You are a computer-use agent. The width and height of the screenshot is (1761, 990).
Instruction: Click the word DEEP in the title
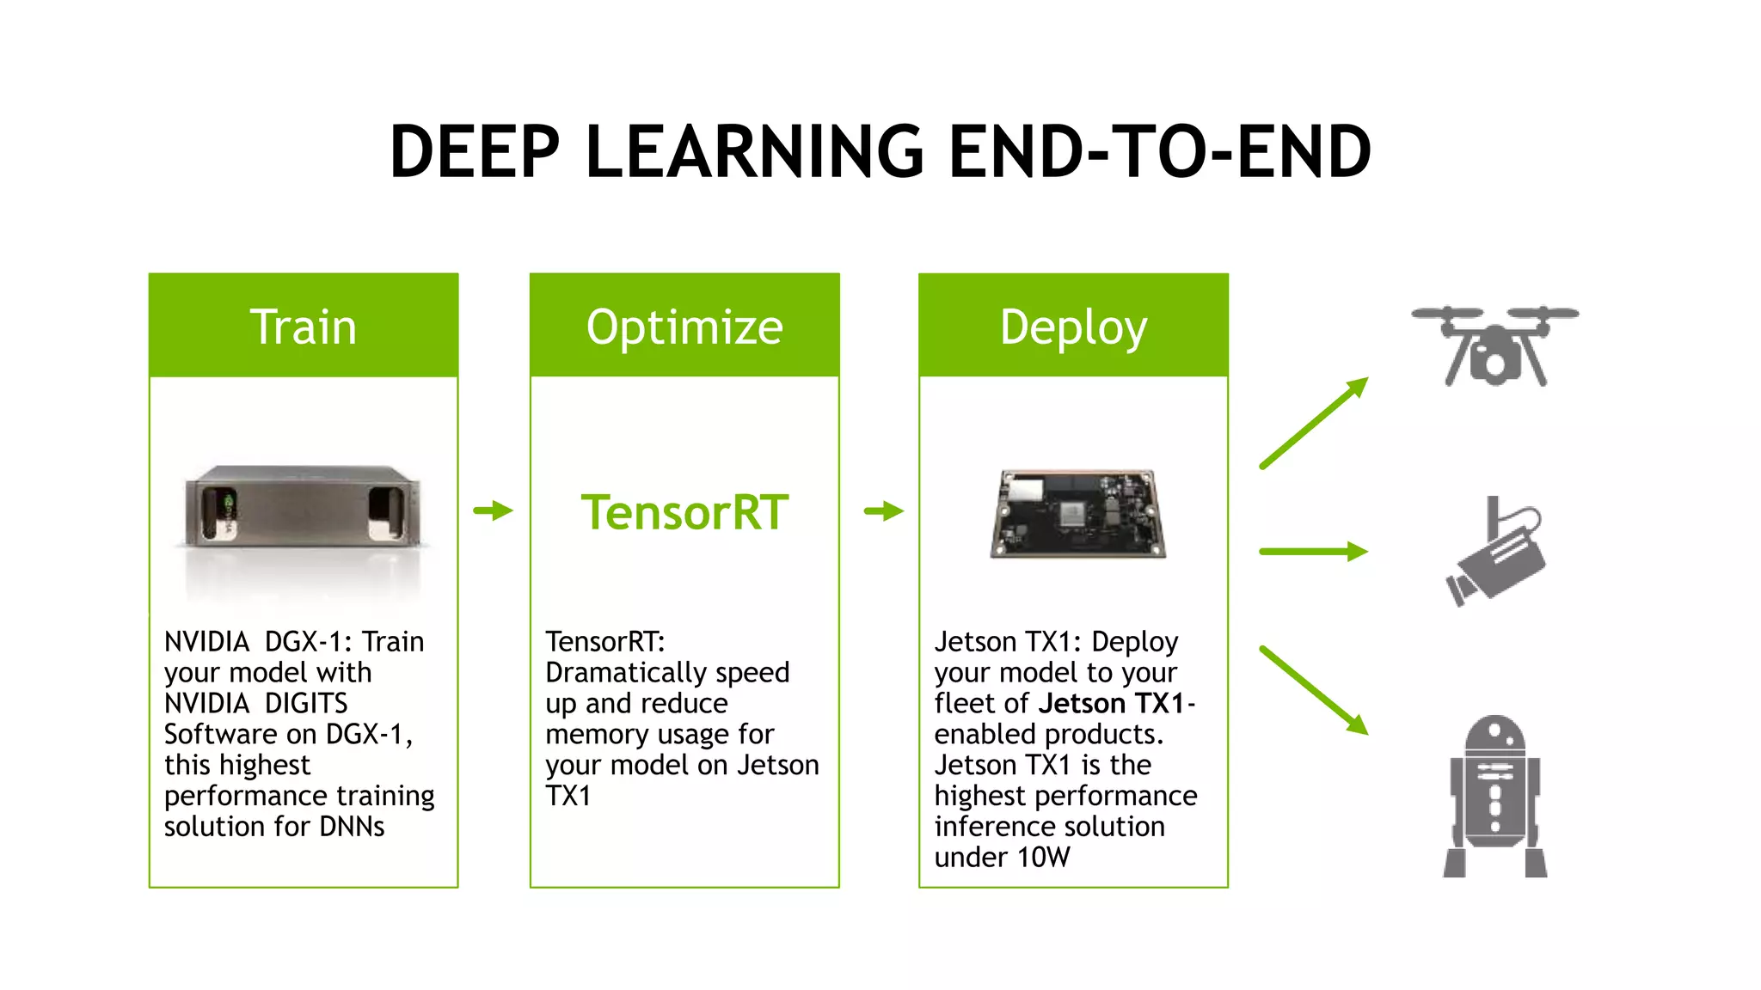point(475,152)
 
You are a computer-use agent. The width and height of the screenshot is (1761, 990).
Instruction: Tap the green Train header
point(304,327)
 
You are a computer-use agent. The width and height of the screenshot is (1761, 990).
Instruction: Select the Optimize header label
point(684,327)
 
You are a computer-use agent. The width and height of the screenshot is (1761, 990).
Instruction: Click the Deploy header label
point(1073,327)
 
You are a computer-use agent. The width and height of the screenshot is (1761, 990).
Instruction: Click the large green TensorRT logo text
point(684,512)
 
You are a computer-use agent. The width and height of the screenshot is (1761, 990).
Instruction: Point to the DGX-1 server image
point(303,507)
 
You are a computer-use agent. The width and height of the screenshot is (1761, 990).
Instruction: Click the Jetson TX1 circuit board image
point(1078,514)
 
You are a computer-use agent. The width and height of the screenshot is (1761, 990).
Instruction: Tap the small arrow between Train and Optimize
point(494,510)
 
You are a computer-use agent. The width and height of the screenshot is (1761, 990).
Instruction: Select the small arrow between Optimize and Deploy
point(884,511)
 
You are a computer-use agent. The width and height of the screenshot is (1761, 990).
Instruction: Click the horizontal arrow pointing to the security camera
point(1313,551)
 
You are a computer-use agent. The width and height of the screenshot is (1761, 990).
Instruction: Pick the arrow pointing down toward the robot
point(1313,690)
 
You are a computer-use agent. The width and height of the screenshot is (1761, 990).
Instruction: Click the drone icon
point(1494,345)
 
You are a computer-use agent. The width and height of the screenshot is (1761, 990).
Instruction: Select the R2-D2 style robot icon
point(1494,796)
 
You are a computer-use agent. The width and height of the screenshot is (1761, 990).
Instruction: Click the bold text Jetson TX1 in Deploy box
point(1112,704)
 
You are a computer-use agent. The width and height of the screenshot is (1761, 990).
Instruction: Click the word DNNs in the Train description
point(352,827)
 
